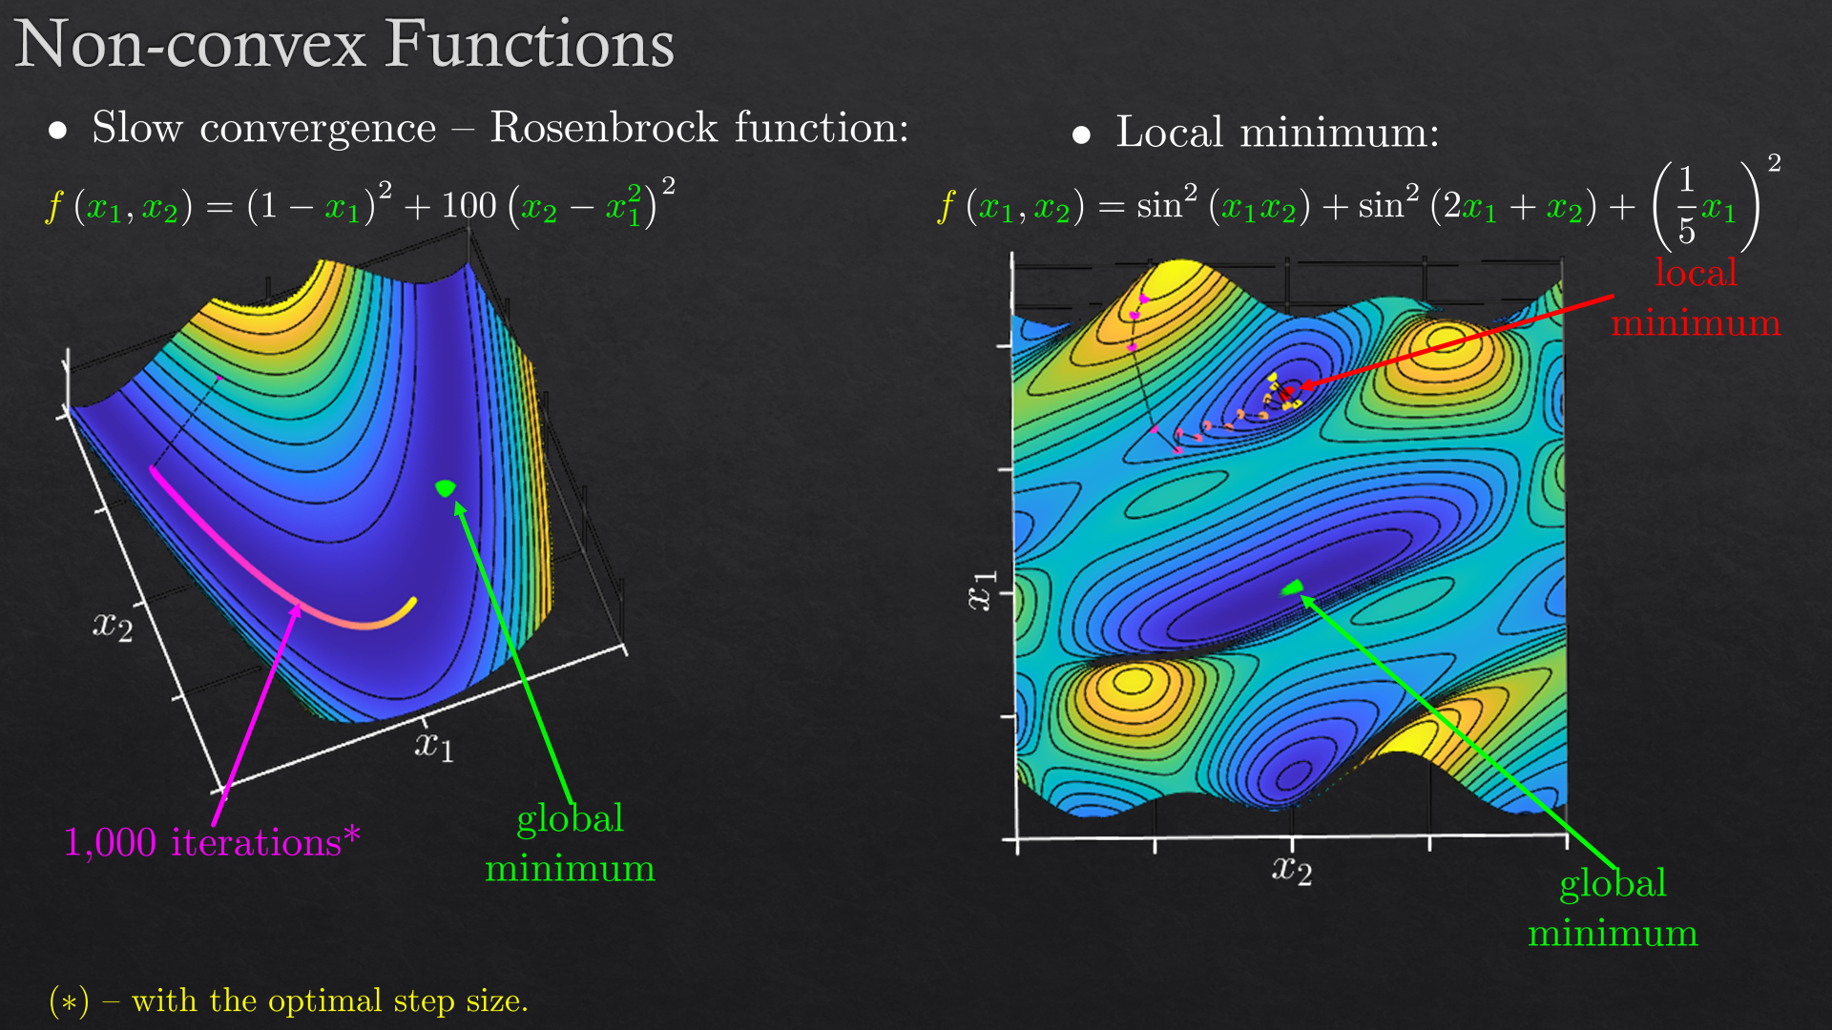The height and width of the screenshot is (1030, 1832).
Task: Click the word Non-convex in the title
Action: (191, 45)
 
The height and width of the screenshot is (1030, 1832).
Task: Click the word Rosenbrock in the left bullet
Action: (604, 127)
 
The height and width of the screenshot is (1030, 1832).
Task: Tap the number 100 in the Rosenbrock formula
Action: (468, 205)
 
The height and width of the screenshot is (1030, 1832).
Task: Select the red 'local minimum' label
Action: (1696, 298)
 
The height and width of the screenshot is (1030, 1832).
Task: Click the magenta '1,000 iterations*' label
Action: (212, 842)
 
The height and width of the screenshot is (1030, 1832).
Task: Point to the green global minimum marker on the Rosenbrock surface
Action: (445, 488)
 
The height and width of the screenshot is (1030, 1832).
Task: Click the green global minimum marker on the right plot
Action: (1293, 587)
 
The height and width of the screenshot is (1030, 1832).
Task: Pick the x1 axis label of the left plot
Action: (434, 744)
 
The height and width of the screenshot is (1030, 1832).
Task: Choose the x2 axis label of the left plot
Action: (113, 626)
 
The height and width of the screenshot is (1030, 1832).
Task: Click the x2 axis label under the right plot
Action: (1292, 870)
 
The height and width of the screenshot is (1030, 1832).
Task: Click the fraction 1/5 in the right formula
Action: (1686, 204)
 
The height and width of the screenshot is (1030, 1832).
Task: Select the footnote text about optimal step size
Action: (288, 1000)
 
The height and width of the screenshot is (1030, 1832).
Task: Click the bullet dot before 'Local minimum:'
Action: (1081, 135)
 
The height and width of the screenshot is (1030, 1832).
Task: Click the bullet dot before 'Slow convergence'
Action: (58, 131)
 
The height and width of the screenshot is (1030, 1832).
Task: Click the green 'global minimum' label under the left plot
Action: (570, 843)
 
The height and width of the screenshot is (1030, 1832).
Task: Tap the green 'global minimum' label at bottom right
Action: (1613, 908)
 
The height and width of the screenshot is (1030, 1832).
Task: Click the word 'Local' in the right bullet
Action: (1170, 132)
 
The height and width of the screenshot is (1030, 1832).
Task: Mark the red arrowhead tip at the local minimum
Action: (1301, 387)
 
